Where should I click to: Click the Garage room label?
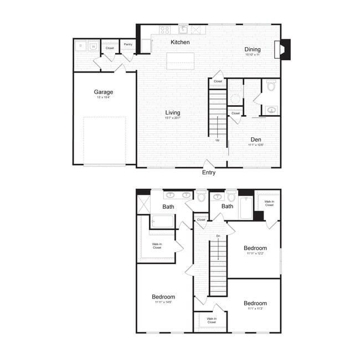click(103, 92)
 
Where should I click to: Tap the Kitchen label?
click(180, 42)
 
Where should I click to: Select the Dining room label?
click(253, 49)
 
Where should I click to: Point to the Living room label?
click(172, 112)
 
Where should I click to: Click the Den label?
click(255, 140)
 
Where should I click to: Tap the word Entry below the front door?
click(209, 172)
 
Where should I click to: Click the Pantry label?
click(128, 44)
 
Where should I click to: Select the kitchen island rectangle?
click(181, 60)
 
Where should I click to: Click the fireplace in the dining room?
click(283, 49)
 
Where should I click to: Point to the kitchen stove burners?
click(164, 30)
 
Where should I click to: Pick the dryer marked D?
click(81, 46)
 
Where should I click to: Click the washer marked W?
click(93, 46)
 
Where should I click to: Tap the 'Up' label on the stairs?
click(218, 140)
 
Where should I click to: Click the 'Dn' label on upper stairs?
click(218, 236)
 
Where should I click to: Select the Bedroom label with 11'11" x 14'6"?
click(163, 297)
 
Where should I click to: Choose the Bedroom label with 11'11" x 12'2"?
click(255, 248)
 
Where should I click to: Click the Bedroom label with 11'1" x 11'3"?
click(255, 303)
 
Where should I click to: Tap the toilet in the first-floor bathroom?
click(271, 86)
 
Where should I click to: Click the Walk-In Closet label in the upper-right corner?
click(269, 203)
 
